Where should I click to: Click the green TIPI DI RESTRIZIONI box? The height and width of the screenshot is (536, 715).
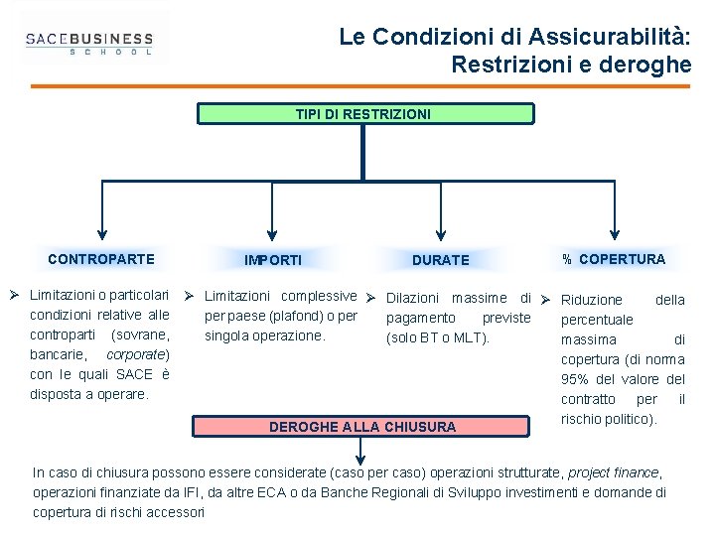pyautogui.click(x=363, y=114)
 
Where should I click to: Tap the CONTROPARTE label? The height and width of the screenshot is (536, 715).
pyautogui.click(x=101, y=259)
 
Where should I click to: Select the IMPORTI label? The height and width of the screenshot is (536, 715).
pyautogui.click(x=273, y=260)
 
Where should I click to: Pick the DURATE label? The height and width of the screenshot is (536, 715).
pyautogui.click(x=440, y=260)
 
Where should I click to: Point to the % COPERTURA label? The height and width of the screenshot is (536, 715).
pyautogui.click(x=614, y=259)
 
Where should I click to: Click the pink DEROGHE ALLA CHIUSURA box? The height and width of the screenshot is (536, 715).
pyautogui.click(x=363, y=427)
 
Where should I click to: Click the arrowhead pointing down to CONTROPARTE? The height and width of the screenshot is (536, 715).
pyautogui.click(x=101, y=226)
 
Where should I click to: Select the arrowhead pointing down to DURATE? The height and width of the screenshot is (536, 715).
pyautogui.click(x=440, y=226)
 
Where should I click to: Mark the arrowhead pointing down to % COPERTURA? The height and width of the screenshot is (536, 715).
pyautogui.click(x=614, y=226)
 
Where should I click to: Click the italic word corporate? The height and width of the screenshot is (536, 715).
pyautogui.click(x=136, y=354)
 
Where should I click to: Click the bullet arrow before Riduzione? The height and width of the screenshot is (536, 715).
pyautogui.click(x=545, y=299)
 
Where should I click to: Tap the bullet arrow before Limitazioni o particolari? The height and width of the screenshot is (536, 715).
pyautogui.click(x=14, y=296)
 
